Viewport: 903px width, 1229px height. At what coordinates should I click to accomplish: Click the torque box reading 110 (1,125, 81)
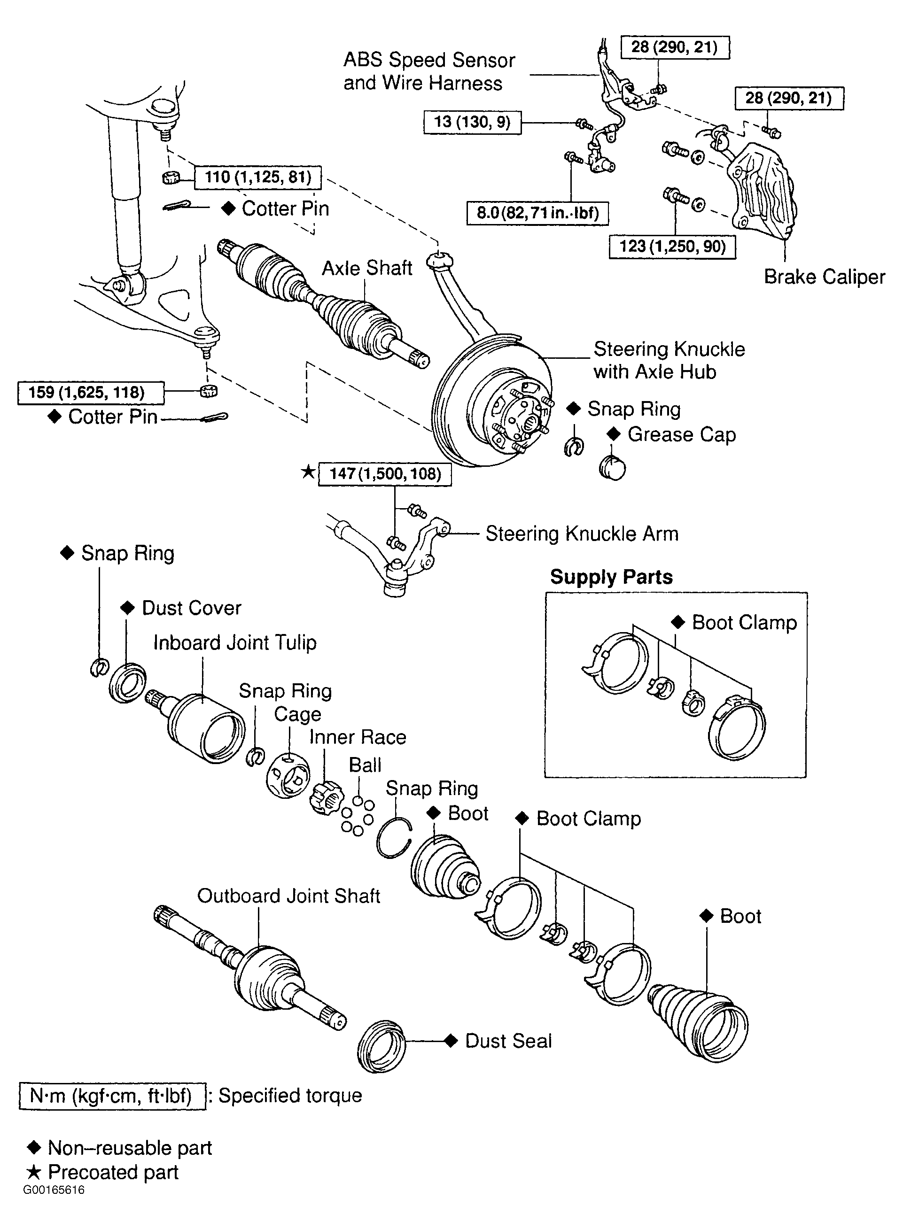tap(257, 178)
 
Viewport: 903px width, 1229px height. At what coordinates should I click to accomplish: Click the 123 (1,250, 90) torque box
tap(672, 247)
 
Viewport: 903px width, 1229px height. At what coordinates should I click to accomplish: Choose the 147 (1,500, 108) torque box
tap(385, 473)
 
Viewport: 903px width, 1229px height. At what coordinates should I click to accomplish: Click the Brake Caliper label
tap(824, 277)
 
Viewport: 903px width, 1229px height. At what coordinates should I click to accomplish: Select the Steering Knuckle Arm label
tap(582, 533)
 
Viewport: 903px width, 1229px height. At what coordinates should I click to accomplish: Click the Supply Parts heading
tap(611, 577)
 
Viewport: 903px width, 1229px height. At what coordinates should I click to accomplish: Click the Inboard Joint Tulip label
tap(234, 643)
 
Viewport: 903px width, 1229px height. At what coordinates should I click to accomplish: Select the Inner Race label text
tap(358, 737)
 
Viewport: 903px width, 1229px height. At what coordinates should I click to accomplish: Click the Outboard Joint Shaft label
tap(288, 896)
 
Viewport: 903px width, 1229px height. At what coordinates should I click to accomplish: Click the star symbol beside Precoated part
tap(34, 1173)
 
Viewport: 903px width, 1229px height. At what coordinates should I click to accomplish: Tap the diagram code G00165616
tap(54, 1190)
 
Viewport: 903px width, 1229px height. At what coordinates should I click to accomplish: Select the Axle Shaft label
tap(366, 268)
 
